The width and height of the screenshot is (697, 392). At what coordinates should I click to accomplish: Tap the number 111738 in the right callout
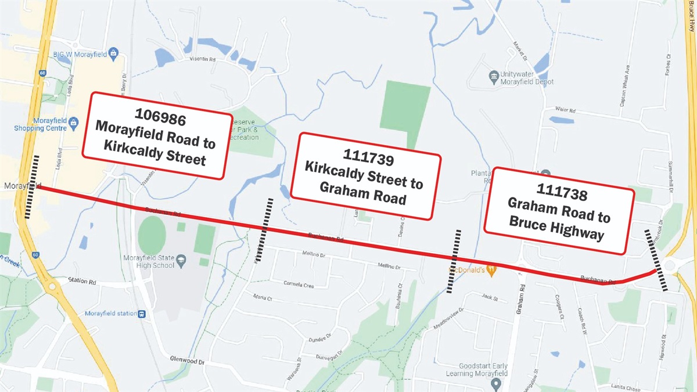(x=562, y=192)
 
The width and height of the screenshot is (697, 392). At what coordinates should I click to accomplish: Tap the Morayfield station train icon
(x=142, y=314)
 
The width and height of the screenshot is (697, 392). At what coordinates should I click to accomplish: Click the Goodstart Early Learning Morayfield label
(x=475, y=370)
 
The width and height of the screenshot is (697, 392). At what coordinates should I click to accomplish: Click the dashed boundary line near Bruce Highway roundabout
(x=656, y=260)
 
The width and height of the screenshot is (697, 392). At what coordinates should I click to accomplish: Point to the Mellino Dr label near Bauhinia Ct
(x=390, y=266)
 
